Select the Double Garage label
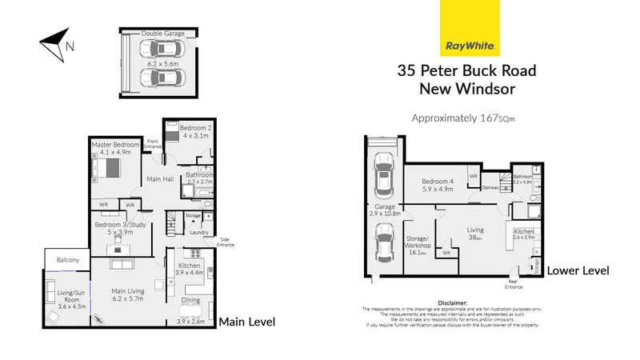163,34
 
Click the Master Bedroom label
111,144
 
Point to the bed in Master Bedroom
106,169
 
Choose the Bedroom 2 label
195,127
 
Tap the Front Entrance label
153,144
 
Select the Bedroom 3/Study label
120,225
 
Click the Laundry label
200,233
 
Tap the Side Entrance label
226,242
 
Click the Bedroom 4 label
438,182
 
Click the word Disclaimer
452,302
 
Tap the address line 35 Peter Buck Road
467,70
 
